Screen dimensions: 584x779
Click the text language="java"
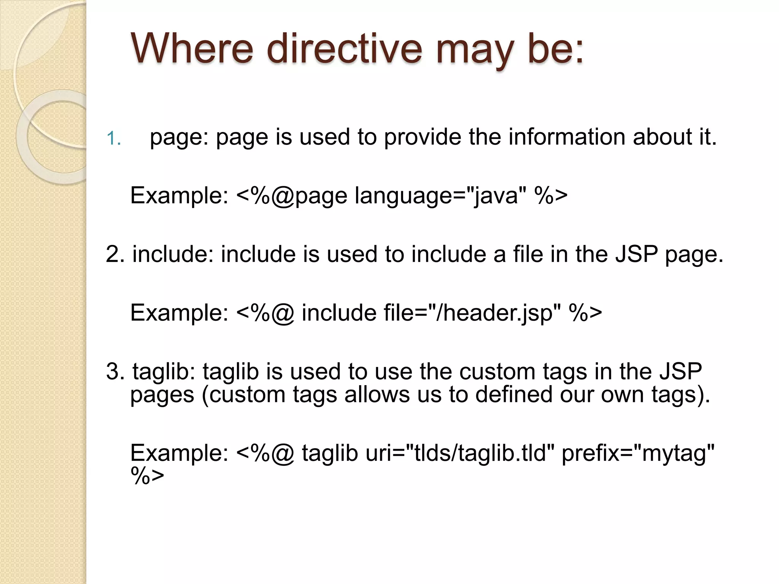coord(437,195)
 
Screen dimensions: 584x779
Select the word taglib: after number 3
coord(164,371)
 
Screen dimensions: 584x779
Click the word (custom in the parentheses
coord(243,395)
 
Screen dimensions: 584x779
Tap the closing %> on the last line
coord(147,476)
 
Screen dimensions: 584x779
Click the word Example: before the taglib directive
coord(179,453)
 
